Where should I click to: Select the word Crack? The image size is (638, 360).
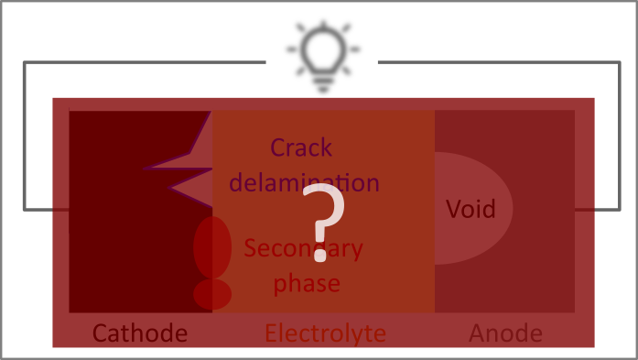pyautogui.click(x=301, y=147)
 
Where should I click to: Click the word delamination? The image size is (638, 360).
pyautogui.click(x=303, y=181)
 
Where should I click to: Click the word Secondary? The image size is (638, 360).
pyautogui.click(x=303, y=248)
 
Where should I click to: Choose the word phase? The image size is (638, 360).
pyautogui.click(x=307, y=282)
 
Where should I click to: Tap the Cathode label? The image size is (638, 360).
pyautogui.click(x=140, y=333)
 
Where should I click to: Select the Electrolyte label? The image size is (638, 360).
pyautogui.click(x=325, y=333)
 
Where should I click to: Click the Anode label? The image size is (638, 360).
pyautogui.click(x=505, y=333)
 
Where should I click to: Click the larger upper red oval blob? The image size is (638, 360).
pyautogui.click(x=212, y=246)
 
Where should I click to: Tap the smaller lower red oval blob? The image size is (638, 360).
pyautogui.click(x=212, y=294)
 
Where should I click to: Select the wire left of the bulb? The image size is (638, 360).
pyautogui.click(x=137, y=62)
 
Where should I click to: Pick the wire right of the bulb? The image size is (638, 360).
pyautogui.click(x=503, y=62)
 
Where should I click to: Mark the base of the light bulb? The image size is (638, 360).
pyautogui.click(x=322, y=83)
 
